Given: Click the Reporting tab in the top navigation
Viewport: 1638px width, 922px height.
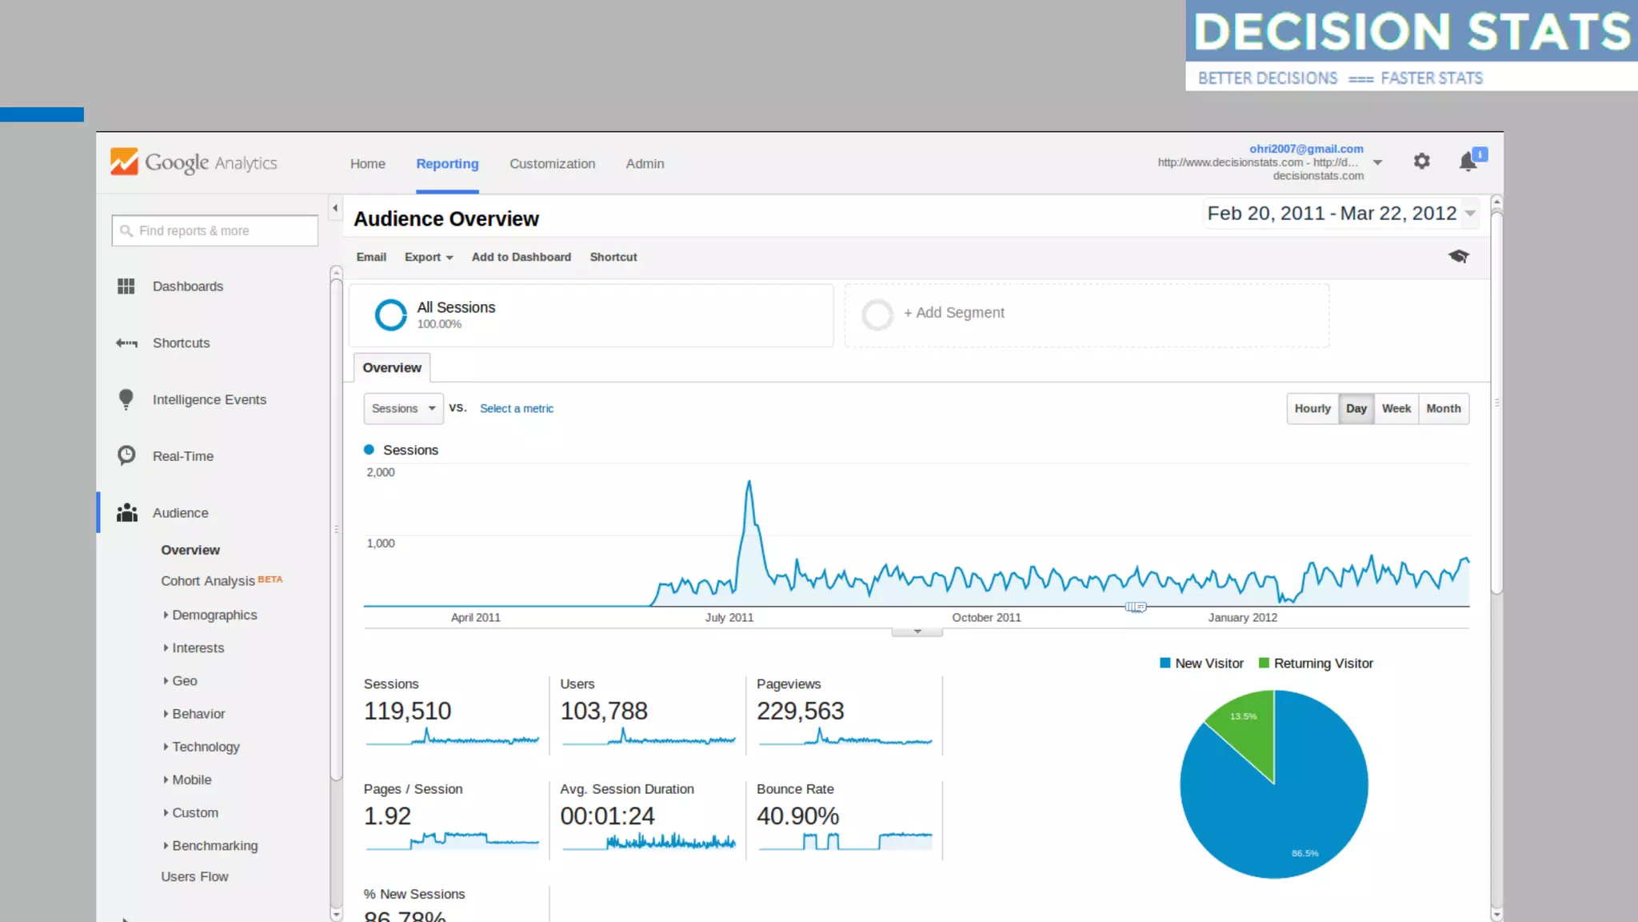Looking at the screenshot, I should [x=447, y=164].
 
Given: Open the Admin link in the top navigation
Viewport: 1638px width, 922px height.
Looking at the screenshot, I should [x=645, y=164].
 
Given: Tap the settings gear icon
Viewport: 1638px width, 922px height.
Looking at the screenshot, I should [x=1421, y=162].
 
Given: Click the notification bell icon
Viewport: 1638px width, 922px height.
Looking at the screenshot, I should [x=1468, y=162].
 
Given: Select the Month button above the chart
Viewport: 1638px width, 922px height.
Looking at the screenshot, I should [x=1443, y=408].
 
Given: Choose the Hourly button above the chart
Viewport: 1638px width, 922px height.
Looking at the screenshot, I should [x=1312, y=408].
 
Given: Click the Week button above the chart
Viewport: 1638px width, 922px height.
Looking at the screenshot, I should [x=1396, y=408].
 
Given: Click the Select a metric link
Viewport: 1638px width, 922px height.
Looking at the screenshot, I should [x=517, y=408].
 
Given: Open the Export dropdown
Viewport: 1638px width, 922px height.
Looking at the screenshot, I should [x=429, y=257].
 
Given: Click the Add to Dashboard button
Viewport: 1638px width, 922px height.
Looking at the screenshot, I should [x=521, y=257].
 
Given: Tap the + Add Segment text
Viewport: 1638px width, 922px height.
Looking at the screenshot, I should [x=954, y=313].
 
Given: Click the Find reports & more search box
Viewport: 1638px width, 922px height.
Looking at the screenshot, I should [x=215, y=230].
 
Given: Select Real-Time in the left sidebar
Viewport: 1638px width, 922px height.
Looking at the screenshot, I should [x=183, y=456].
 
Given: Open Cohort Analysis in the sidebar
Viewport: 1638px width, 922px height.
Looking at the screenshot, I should [x=208, y=581].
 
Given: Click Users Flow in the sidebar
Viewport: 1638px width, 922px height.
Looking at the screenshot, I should [x=194, y=877].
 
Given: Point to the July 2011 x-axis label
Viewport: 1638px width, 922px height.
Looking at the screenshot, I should [x=729, y=618].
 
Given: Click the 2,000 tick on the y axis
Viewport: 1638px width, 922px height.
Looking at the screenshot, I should [x=381, y=472].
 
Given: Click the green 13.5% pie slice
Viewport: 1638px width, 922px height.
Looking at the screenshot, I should [x=1244, y=728].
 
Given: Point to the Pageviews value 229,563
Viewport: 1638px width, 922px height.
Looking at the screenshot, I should [x=801, y=711].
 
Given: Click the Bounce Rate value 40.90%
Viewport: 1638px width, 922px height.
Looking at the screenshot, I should [x=798, y=816].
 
